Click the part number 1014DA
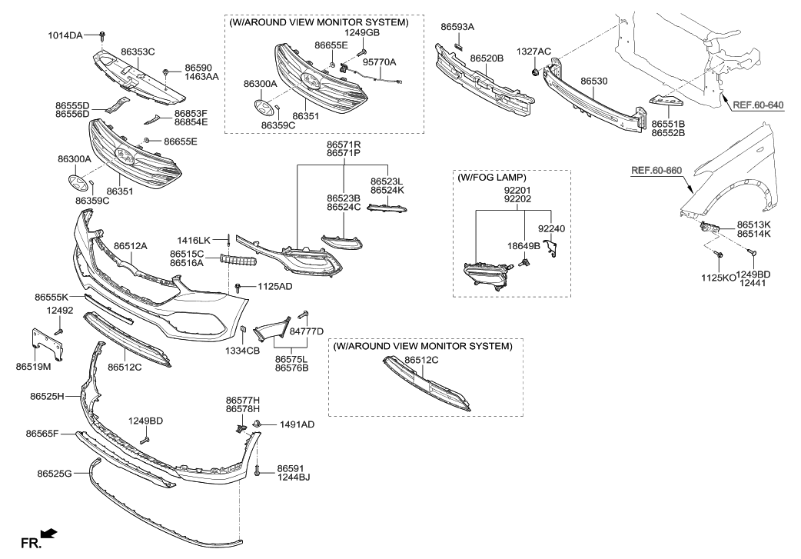coord(65,35)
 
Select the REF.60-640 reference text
coord(758,105)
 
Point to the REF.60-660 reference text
coord(656,170)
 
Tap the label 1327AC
coord(534,51)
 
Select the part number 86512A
coord(131,246)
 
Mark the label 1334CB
coord(242,351)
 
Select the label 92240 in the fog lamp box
coord(551,228)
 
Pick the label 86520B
coord(487,58)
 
